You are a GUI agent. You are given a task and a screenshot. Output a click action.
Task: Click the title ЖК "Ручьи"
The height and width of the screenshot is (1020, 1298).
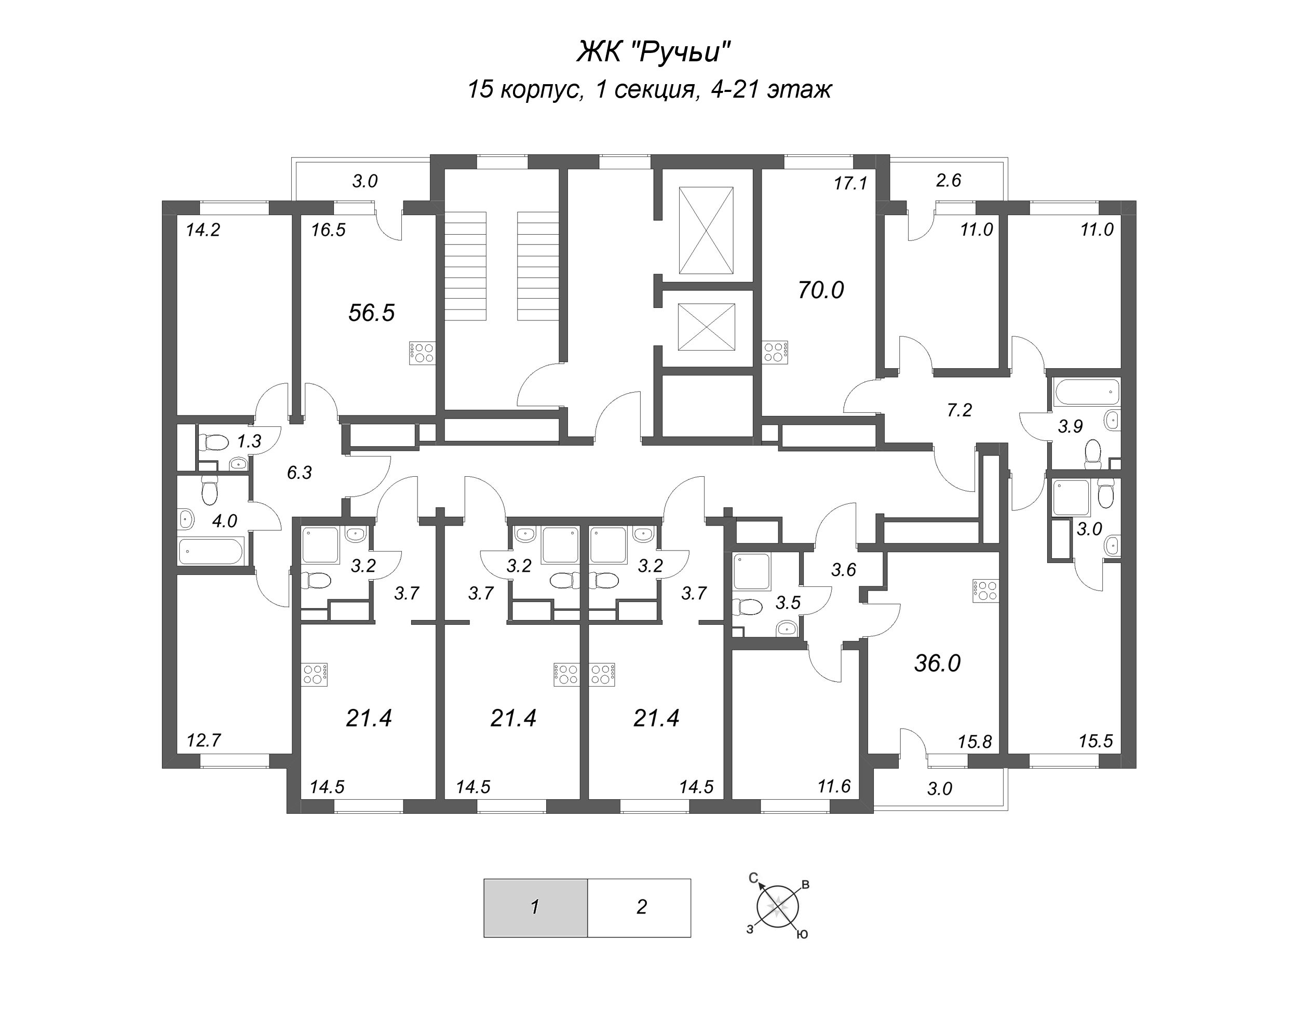(653, 52)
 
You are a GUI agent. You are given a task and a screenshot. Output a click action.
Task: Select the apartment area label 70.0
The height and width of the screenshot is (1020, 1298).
(820, 290)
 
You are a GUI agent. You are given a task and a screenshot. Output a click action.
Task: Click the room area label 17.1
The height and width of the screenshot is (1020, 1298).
(850, 183)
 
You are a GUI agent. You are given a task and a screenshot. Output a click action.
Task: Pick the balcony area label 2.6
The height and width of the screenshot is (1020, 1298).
(948, 180)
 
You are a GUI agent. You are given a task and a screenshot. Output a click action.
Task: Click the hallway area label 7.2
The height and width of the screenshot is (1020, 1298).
(959, 410)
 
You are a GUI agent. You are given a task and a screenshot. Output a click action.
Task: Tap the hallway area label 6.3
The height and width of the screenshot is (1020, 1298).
(299, 473)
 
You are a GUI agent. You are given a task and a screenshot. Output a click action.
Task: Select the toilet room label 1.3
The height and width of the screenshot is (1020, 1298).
(249, 441)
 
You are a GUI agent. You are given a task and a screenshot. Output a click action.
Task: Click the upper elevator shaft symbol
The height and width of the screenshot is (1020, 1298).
(706, 230)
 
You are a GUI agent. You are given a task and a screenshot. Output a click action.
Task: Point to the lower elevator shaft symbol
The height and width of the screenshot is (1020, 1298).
(706, 327)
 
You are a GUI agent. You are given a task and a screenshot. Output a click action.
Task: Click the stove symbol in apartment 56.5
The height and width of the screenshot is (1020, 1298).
(422, 352)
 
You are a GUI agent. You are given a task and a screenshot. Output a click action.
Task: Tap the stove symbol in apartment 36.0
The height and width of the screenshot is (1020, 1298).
(984, 590)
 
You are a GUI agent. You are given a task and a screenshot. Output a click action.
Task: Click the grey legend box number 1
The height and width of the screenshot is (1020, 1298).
(535, 907)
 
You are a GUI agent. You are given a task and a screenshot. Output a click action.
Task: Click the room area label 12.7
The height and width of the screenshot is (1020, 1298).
(204, 741)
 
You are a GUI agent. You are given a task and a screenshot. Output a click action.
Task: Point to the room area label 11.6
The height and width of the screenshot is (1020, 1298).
(833, 786)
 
